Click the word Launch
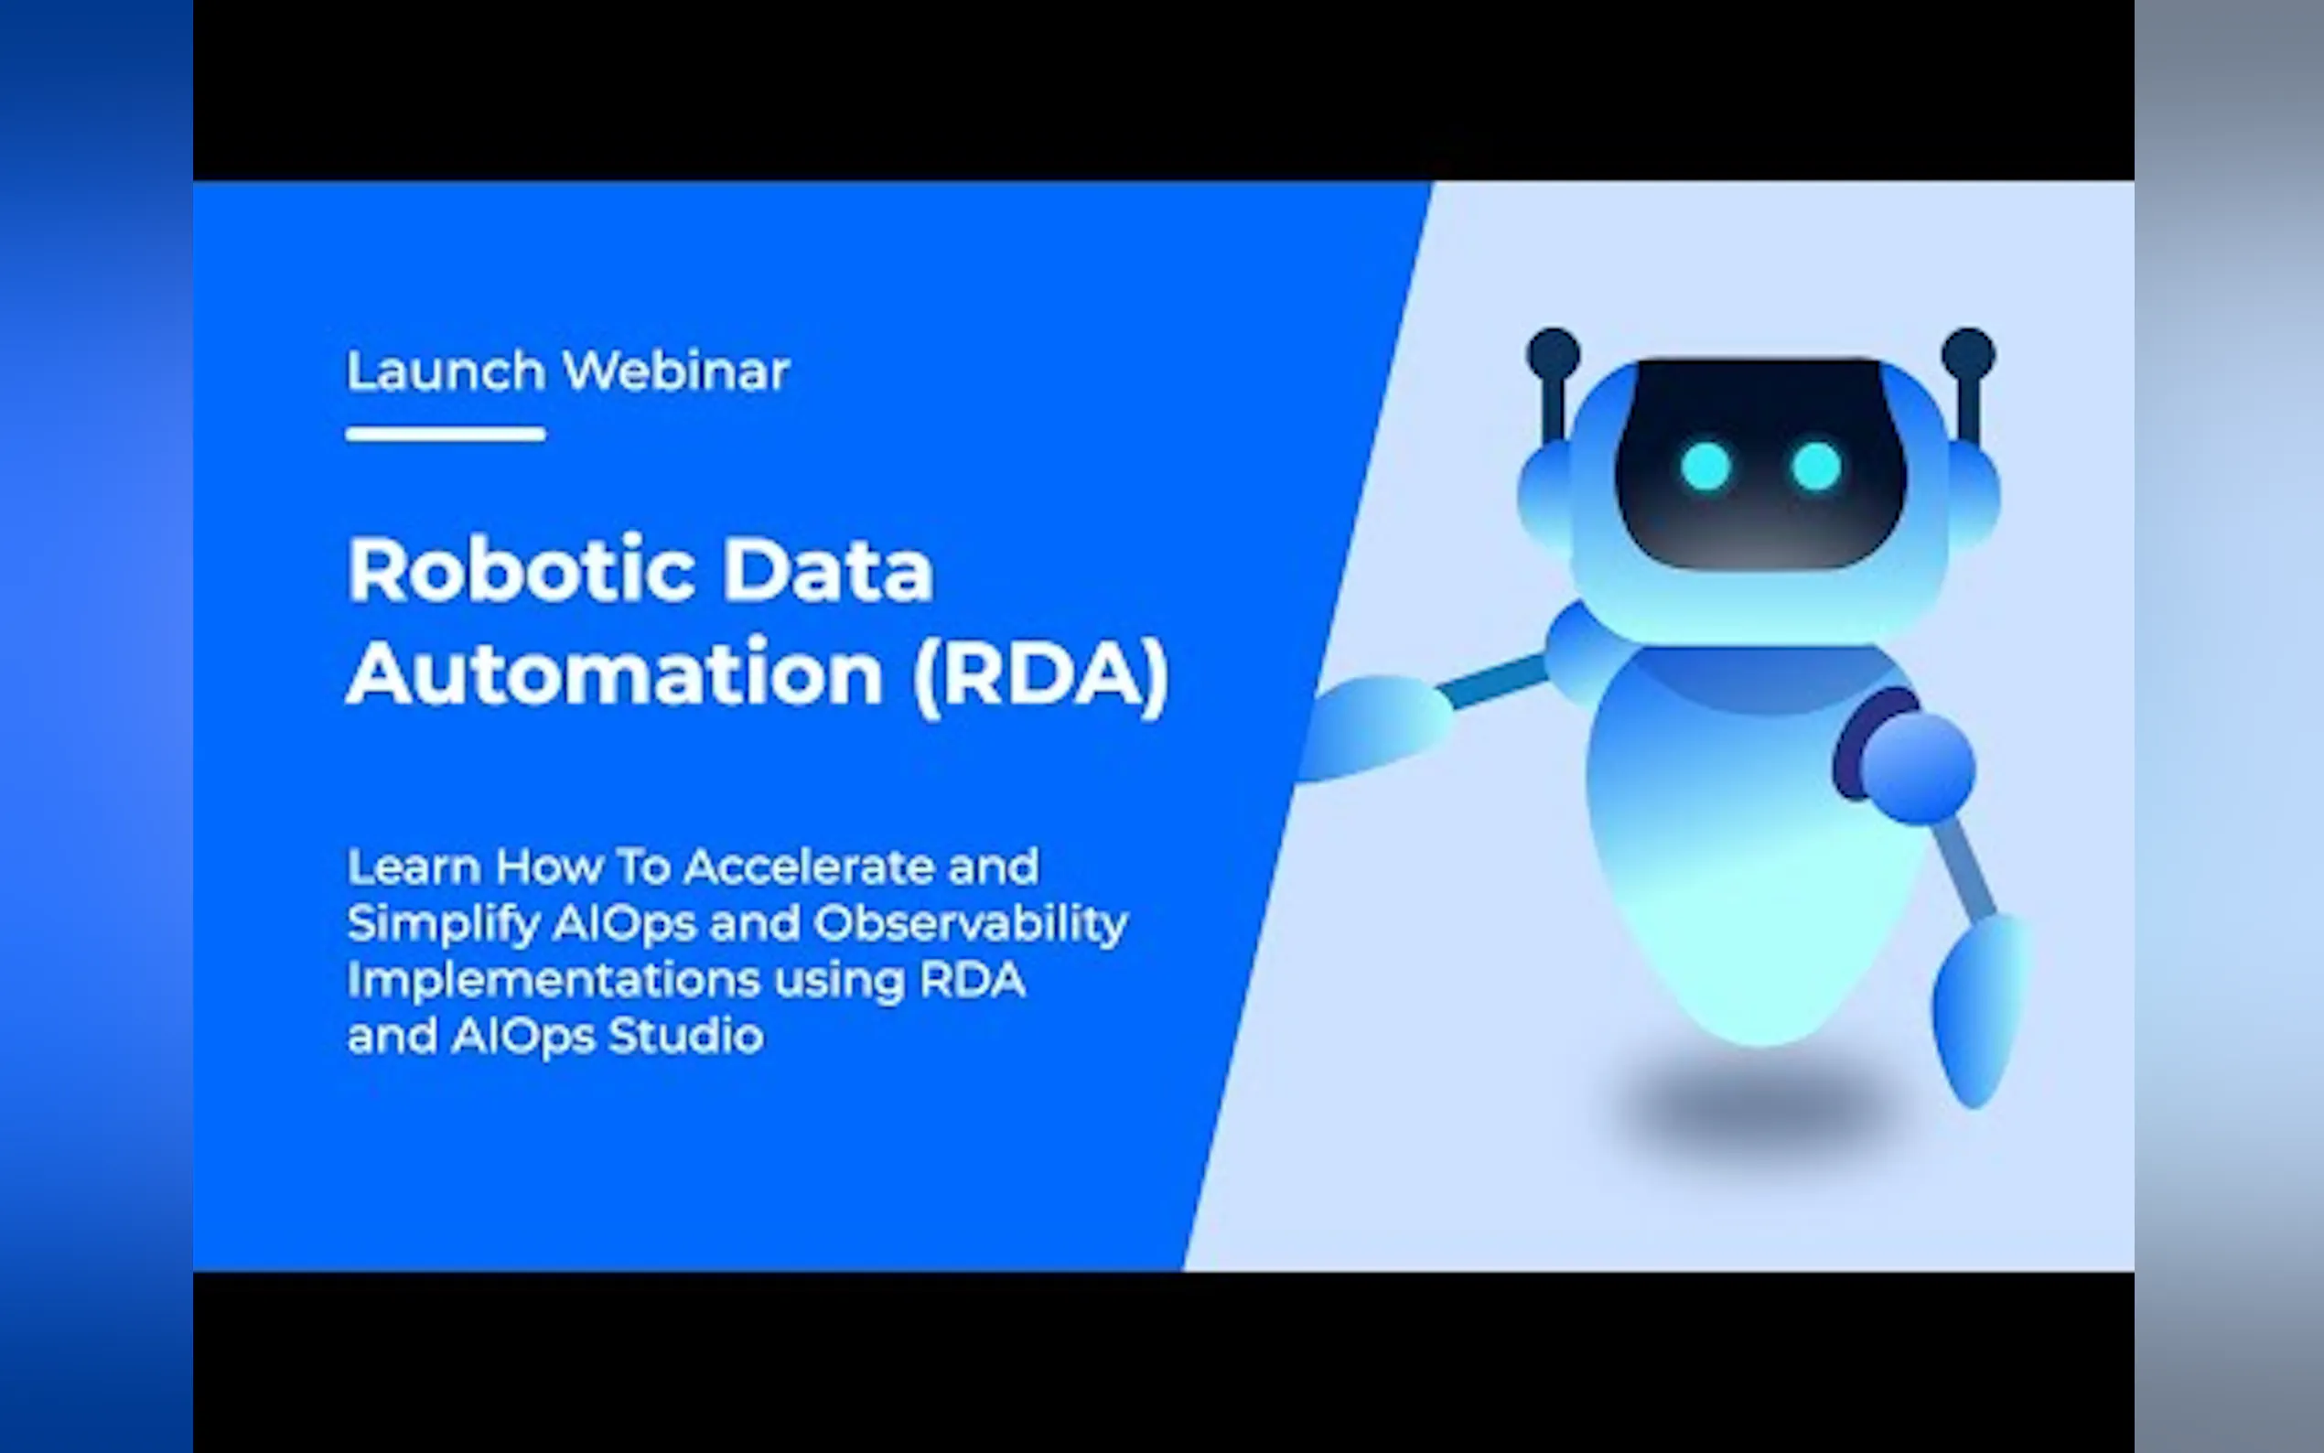446,371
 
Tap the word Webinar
676,371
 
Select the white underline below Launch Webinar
446,435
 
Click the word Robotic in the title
520,570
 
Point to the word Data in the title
827,570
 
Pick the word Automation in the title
615,673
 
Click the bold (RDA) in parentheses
1040,674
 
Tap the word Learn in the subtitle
414,866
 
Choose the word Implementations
554,981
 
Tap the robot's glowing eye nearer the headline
1706,466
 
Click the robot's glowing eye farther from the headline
1816,466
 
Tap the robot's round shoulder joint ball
1918,768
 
